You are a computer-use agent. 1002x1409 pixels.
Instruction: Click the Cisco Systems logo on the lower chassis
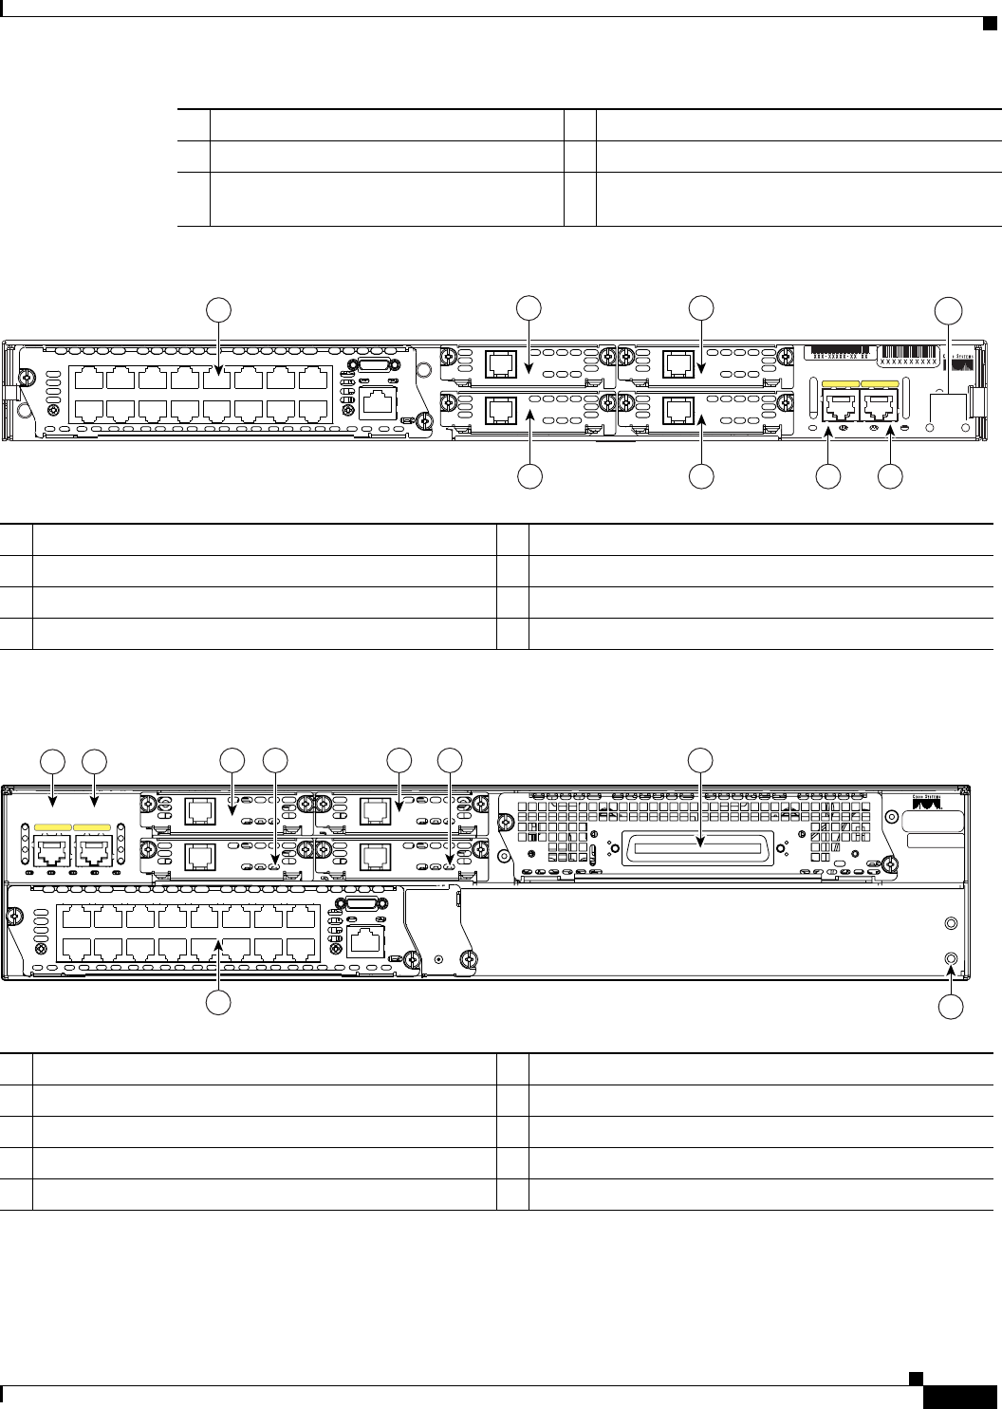(928, 802)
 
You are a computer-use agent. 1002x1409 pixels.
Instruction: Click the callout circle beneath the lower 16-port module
(220, 1005)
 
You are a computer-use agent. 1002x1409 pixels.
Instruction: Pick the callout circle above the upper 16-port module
(219, 308)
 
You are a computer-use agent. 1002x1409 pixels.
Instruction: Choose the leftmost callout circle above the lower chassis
(52, 760)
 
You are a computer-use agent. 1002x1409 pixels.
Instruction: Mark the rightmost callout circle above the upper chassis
(948, 309)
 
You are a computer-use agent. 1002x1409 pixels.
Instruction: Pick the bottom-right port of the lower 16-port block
(302, 949)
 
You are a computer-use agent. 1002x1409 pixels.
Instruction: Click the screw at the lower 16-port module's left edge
(14, 918)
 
